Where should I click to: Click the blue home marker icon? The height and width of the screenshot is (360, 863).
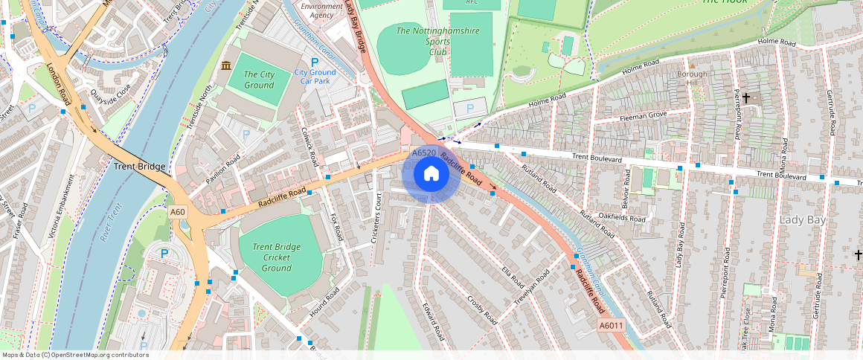click(431, 174)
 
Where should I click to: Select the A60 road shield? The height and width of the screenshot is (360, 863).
click(177, 212)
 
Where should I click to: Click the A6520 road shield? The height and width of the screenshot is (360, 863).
click(423, 153)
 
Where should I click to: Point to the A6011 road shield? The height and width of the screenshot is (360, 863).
click(610, 326)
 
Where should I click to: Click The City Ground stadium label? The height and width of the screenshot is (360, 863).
click(259, 80)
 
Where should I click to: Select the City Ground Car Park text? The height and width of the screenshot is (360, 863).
click(315, 76)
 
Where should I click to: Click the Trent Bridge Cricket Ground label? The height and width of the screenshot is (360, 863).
click(276, 257)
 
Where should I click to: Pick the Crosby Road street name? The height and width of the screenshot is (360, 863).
click(481, 310)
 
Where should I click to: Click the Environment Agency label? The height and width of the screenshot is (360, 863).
click(321, 10)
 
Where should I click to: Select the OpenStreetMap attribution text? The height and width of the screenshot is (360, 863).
click(75, 355)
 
